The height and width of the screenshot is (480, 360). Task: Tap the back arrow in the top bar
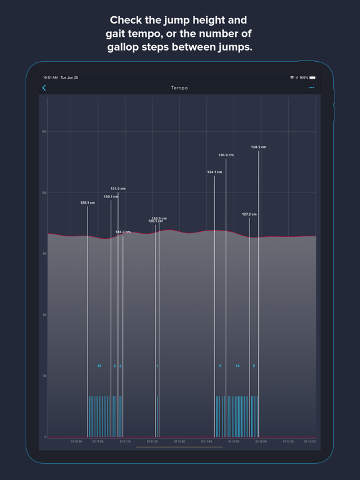(44, 88)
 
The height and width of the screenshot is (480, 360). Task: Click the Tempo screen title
(179, 88)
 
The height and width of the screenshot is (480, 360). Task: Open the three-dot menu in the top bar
(311, 88)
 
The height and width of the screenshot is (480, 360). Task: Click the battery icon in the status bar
(312, 77)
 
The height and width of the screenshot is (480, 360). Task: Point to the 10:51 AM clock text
(50, 77)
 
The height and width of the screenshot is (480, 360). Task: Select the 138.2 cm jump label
(258, 147)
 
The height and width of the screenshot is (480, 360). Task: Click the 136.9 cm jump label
(226, 155)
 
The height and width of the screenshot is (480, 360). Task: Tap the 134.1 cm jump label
(214, 172)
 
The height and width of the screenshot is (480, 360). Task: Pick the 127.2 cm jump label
(249, 214)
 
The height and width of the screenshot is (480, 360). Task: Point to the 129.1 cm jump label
(87, 202)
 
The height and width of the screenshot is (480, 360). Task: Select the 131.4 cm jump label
(118, 189)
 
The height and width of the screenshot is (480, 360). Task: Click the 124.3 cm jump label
(123, 232)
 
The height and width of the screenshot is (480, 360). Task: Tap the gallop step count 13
(99, 366)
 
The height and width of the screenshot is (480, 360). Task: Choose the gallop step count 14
(237, 366)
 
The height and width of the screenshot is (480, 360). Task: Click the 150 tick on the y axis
(44, 132)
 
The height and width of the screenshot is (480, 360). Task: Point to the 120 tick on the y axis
(44, 192)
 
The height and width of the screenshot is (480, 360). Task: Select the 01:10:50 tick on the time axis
(76, 442)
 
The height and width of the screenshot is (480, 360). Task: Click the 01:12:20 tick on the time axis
(309, 442)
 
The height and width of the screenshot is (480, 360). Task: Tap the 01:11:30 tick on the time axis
(179, 442)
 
